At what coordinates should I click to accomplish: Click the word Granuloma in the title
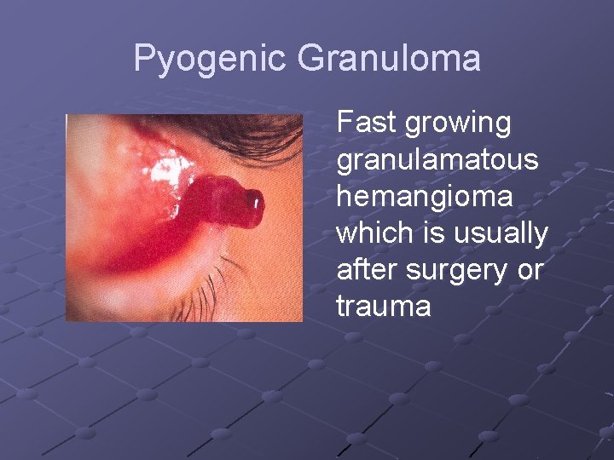click(389, 60)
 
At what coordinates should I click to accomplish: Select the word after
click(368, 270)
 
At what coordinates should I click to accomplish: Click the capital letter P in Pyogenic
click(145, 60)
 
